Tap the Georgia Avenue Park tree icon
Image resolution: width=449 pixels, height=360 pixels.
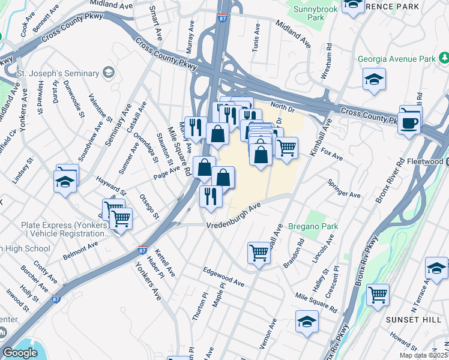445,58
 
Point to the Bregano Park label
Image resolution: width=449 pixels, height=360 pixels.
313,226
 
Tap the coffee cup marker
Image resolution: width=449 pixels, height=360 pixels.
410,124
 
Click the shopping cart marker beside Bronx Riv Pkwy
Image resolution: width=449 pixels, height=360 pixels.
378,294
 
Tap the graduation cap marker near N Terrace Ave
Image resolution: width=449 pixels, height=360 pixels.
436,268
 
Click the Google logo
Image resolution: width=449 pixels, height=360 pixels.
20,352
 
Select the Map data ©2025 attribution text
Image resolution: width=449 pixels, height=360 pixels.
424,354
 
